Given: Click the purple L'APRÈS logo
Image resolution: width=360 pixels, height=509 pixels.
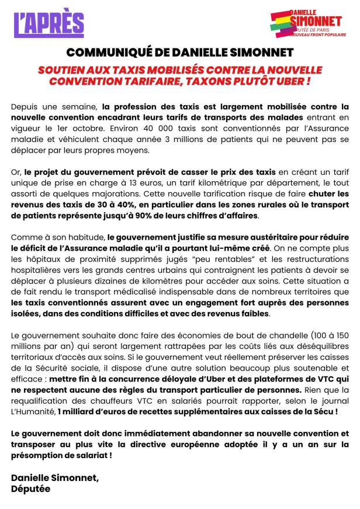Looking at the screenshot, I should pyautogui.click(x=49, y=23).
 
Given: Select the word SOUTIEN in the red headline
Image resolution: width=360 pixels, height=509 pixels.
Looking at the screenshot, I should pyautogui.click(x=64, y=69).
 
